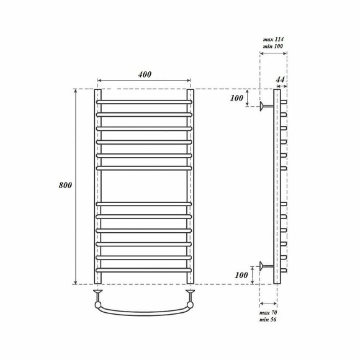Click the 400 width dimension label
pos(144,74)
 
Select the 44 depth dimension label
pos(280,79)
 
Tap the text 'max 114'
pos(272,39)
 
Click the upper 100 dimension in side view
pos(238,99)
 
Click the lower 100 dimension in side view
pos(240,274)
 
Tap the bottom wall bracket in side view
pos(266,268)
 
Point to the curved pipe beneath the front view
pos(144,311)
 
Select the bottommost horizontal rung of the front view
pos(144,270)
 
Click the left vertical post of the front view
pos(97,186)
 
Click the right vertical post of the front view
pos(191,186)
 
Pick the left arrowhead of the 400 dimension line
pos(100,81)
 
